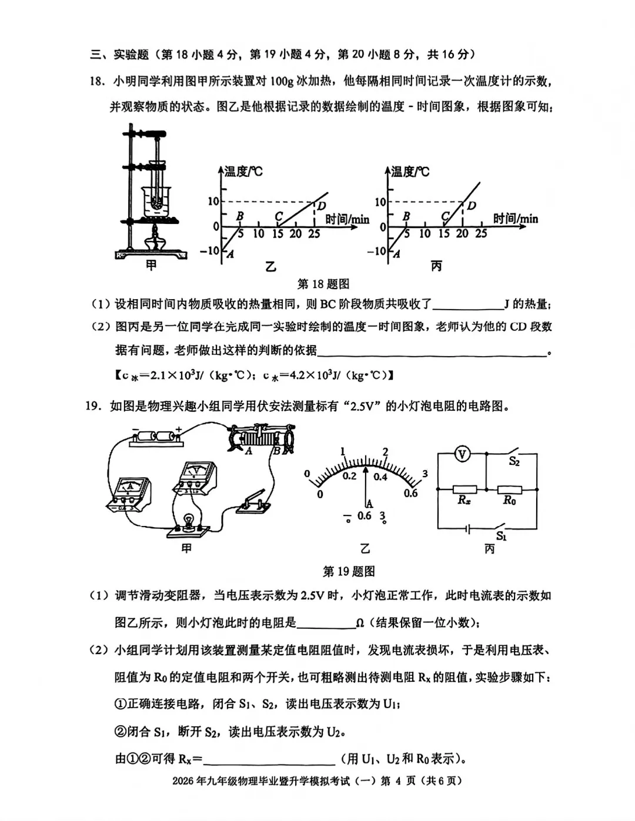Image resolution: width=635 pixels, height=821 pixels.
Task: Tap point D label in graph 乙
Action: [x=322, y=206]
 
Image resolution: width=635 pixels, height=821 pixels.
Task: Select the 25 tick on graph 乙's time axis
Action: [x=314, y=234]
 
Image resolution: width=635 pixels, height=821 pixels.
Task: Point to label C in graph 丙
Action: [x=446, y=216]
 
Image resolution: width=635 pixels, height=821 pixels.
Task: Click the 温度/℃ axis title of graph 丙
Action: [x=410, y=172]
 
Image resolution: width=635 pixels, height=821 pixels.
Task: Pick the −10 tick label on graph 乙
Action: [x=209, y=251]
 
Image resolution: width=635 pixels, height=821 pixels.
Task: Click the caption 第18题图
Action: [x=323, y=284]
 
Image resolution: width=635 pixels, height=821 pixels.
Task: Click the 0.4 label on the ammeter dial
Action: [x=380, y=477]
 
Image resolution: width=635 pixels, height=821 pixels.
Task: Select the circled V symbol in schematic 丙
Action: [x=463, y=454]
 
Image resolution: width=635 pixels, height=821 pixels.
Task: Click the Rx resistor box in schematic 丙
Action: [x=464, y=489]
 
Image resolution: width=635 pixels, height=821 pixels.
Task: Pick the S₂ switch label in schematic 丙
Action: [x=514, y=462]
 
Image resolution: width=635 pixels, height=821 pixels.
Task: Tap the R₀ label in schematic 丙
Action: [x=509, y=501]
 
